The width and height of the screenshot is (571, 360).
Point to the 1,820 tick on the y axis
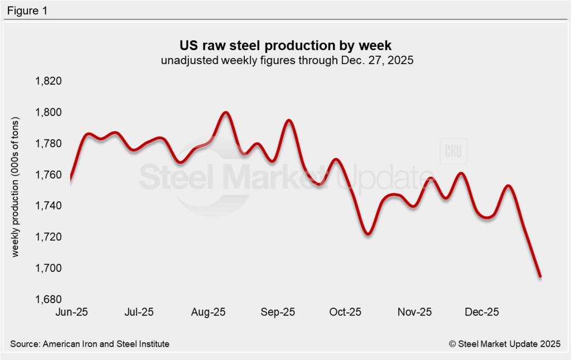(x=48, y=81)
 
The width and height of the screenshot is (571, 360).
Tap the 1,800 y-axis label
(x=48, y=113)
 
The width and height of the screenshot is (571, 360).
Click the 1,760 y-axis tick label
(x=48, y=175)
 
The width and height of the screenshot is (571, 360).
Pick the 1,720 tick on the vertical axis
(x=48, y=237)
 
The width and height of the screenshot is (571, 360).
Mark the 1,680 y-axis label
(x=48, y=300)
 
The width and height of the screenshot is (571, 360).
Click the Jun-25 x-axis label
(x=71, y=312)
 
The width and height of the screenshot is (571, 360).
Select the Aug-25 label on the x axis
(x=208, y=312)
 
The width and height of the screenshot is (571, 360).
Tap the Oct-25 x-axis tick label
(x=346, y=312)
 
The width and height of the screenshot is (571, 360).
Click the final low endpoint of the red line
(x=540, y=276)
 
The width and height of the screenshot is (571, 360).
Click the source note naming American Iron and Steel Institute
(x=90, y=344)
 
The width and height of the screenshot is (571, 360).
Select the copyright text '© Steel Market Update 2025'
(x=505, y=344)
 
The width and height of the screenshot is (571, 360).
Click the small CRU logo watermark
(x=453, y=151)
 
